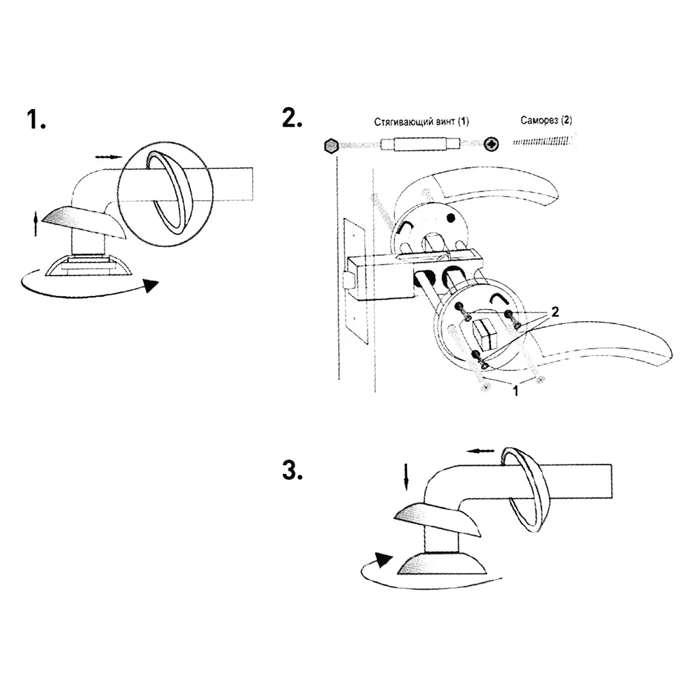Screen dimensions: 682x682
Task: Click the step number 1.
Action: (35, 119)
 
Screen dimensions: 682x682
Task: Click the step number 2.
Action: (292, 118)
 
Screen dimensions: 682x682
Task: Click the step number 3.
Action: (292, 471)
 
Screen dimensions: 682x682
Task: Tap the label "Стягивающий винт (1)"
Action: (421, 122)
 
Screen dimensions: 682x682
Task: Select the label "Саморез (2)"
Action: (546, 120)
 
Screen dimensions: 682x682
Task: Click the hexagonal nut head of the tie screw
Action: (331, 145)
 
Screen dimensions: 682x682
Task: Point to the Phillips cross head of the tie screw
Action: (492, 144)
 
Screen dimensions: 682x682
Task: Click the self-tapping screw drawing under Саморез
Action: (544, 141)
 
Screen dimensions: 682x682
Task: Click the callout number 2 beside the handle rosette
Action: (555, 312)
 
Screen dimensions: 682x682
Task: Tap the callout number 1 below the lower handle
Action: (516, 391)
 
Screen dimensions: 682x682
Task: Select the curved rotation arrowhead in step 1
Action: (151, 285)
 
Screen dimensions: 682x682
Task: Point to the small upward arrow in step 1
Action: (35, 224)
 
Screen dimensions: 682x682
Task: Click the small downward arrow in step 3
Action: (406, 477)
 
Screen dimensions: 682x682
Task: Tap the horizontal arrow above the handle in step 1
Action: (108, 157)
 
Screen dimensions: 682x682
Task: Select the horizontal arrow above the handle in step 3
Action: (480, 451)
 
